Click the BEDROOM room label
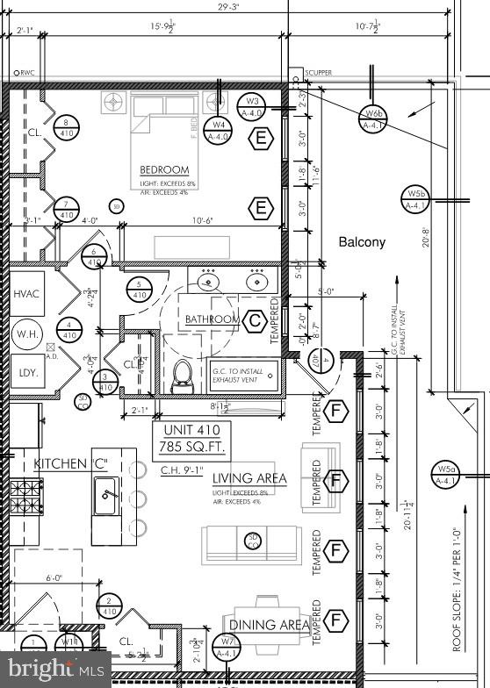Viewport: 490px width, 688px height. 164,169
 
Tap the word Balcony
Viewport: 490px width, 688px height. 362,242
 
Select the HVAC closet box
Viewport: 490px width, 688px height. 27,296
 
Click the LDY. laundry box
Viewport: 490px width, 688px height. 27,372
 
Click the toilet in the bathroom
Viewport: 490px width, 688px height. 183,374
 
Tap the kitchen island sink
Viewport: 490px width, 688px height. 109,497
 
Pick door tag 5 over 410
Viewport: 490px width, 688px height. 138,289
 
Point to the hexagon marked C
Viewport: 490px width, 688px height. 255,320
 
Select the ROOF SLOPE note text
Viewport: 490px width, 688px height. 458,588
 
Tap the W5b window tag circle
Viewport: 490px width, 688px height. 415,199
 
